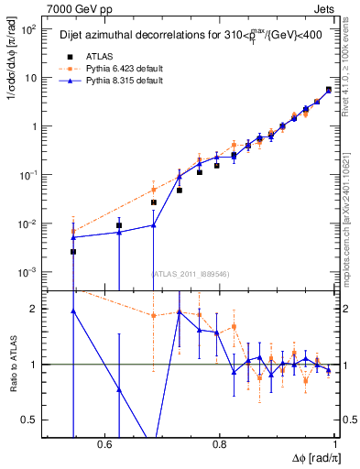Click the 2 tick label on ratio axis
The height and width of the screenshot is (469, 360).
[x=36, y=309]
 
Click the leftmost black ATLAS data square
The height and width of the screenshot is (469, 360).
[x=73, y=252]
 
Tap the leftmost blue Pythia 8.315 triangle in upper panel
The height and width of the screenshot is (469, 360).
[x=73, y=237]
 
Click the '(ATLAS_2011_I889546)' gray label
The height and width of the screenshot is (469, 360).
[x=190, y=273]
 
